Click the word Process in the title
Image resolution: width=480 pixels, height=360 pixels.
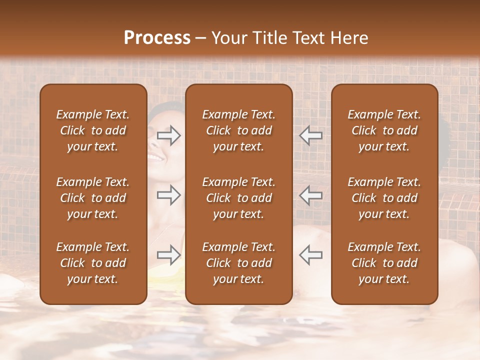pyautogui.click(x=157, y=38)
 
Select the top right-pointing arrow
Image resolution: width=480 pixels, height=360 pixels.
pyautogui.click(x=169, y=135)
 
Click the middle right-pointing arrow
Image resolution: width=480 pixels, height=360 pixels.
pyautogui.click(x=169, y=195)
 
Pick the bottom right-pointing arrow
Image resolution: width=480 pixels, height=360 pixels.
pyautogui.click(x=169, y=255)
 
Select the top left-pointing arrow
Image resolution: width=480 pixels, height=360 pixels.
pyautogui.click(x=310, y=135)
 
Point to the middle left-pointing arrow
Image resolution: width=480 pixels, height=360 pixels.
pyautogui.click(x=310, y=195)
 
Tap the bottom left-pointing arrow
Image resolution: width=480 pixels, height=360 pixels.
pyautogui.click(x=310, y=255)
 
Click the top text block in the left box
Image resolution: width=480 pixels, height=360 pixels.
pyautogui.click(x=93, y=130)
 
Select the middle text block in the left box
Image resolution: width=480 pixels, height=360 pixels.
pyautogui.click(x=93, y=198)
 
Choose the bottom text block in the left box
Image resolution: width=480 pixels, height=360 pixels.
pyautogui.click(x=93, y=263)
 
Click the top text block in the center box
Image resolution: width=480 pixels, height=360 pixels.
pyautogui.click(x=239, y=130)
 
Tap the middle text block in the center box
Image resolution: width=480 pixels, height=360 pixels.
pyautogui.click(x=239, y=198)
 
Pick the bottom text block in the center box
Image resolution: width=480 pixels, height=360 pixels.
pyautogui.click(x=239, y=263)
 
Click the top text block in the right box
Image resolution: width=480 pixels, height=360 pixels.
pyautogui.click(x=384, y=130)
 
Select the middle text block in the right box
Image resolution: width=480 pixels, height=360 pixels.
pyautogui.click(x=384, y=198)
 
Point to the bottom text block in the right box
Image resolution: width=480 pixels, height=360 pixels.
pyautogui.click(x=384, y=263)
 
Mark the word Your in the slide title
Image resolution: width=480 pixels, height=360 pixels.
pyautogui.click(x=229, y=38)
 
